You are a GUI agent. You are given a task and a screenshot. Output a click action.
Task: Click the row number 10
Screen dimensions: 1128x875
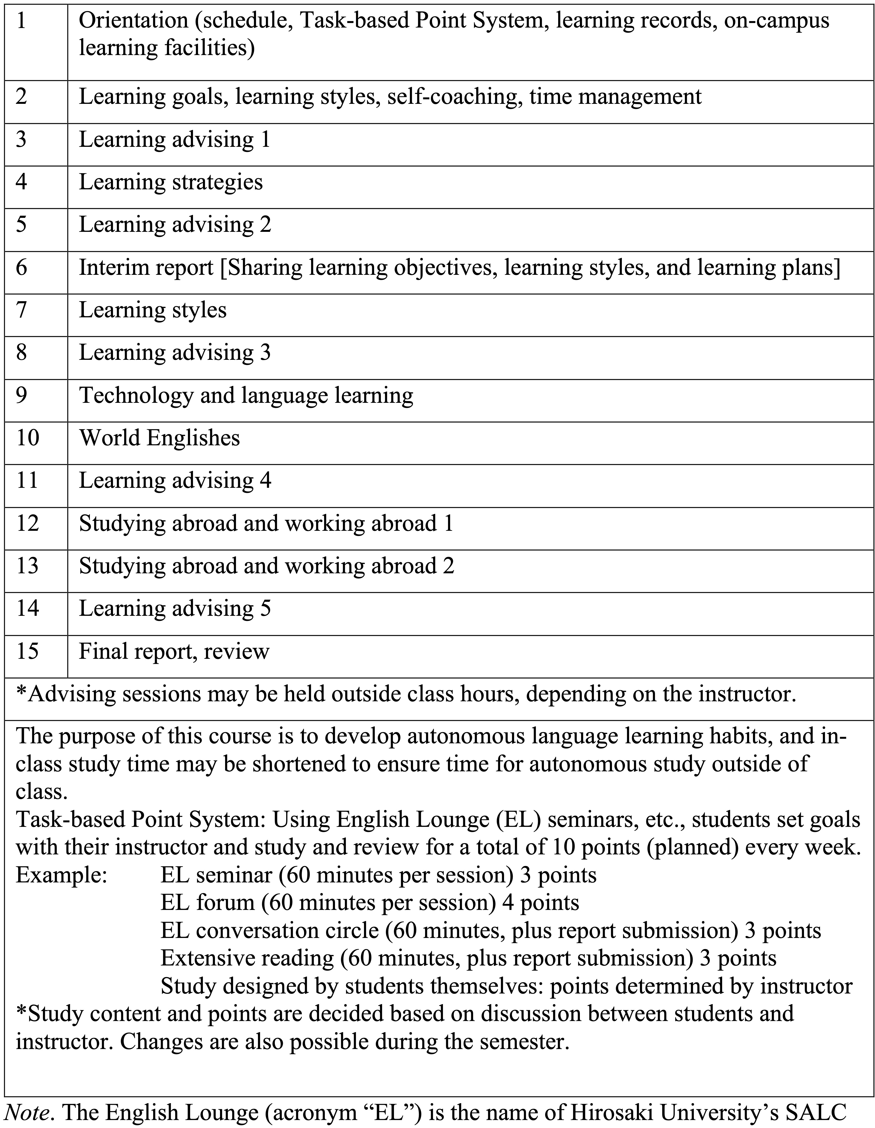(x=27, y=438)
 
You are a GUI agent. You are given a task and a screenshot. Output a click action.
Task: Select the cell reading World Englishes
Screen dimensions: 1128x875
(x=159, y=438)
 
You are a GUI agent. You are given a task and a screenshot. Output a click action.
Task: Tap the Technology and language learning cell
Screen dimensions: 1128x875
(x=246, y=396)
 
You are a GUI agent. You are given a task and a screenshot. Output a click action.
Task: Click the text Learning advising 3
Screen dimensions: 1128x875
(x=175, y=353)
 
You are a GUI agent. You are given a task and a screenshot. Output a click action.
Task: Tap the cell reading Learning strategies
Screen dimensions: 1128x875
(x=171, y=182)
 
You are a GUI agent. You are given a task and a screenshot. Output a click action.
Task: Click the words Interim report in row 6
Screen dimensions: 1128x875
(x=146, y=268)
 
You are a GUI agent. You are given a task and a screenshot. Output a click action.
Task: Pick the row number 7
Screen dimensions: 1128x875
(x=22, y=310)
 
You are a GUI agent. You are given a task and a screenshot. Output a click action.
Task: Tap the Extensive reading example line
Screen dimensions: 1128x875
(x=468, y=958)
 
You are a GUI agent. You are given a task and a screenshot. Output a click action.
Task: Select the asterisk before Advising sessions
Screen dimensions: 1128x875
(x=22, y=694)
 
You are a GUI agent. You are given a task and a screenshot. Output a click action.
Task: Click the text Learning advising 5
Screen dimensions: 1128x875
(x=175, y=608)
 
